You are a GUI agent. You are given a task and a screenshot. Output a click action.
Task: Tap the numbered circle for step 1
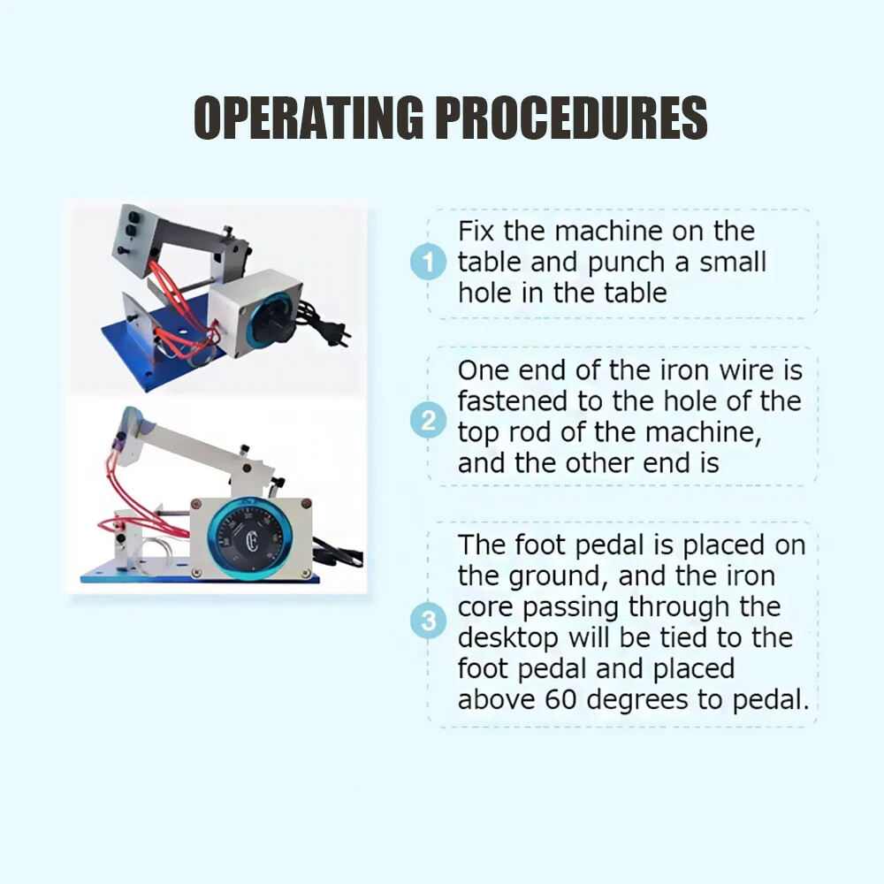coord(429,263)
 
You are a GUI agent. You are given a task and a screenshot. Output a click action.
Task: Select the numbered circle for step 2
coord(429,422)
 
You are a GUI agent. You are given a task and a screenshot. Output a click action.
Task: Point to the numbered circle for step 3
coord(429,621)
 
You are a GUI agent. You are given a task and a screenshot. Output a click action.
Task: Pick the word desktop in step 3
coord(508,637)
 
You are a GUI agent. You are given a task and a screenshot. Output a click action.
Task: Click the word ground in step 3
coord(561,577)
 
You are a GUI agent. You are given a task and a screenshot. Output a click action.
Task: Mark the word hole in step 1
coord(484,293)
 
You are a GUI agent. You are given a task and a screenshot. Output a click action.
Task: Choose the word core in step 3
coord(484,607)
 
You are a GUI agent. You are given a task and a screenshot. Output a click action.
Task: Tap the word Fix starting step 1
coord(477,232)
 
